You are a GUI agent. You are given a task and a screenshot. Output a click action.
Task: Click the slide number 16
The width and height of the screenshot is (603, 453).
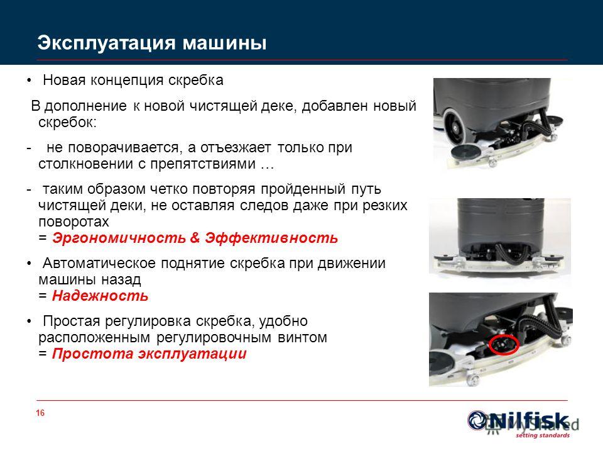(x=40, y=413)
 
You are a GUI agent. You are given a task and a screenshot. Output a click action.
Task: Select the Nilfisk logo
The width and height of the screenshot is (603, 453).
(x=518, y=421)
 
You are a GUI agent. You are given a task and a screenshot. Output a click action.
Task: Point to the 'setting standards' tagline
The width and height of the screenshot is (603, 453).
(x=542, y=435)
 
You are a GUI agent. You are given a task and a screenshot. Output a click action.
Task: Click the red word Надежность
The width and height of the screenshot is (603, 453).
(x=100, y=296)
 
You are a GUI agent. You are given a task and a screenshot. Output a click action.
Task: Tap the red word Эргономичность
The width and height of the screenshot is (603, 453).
(x=119, y=238)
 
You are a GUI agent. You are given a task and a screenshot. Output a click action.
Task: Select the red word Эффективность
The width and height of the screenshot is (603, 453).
(x=271, y=238)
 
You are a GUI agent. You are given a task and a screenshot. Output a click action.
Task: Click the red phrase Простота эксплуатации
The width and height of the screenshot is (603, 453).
(x=149, y=354)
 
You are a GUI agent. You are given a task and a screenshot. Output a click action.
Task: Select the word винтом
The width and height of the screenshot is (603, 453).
(x=302, y=337)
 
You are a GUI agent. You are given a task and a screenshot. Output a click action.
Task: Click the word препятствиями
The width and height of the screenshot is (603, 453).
(x=203, y=164)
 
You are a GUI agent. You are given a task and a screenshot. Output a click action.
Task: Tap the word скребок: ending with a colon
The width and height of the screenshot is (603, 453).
(x=68, y=123)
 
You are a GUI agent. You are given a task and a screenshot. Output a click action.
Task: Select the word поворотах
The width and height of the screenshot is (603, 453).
(x=73, y=222)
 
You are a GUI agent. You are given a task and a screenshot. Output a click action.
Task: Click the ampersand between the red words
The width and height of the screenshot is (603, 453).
(x=195, y=238)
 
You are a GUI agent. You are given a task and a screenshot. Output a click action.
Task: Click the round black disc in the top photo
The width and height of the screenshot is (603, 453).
(x=465, y=151)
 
